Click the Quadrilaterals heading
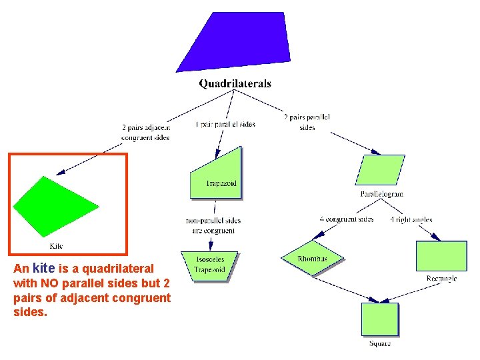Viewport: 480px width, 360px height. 235,84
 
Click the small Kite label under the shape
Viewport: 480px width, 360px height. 57,246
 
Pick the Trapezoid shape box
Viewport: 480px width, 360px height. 217,175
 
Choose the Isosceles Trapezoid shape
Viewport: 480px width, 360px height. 209,265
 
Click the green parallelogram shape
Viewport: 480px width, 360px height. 381,169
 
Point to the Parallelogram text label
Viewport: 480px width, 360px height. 382,194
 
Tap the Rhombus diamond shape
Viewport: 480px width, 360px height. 312,258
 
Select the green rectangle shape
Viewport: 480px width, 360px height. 441,255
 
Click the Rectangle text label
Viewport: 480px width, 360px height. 441,279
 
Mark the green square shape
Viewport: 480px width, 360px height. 380,319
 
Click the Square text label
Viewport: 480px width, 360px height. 380,343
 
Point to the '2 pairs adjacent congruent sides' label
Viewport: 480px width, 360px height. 145,132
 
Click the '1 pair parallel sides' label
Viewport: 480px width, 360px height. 225,124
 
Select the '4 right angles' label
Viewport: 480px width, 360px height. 411,219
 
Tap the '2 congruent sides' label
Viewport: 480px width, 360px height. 347,219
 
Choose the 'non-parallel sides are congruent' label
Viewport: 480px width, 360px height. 213,225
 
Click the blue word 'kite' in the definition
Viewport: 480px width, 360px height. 43,268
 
